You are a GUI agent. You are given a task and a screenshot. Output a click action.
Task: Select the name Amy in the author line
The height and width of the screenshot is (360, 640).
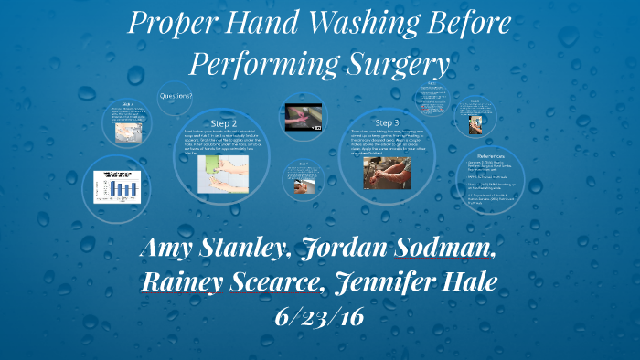171,249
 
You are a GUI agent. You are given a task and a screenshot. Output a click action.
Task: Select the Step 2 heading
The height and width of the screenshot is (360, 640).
224,122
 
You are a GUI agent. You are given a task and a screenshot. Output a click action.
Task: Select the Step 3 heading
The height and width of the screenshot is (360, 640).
387,122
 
